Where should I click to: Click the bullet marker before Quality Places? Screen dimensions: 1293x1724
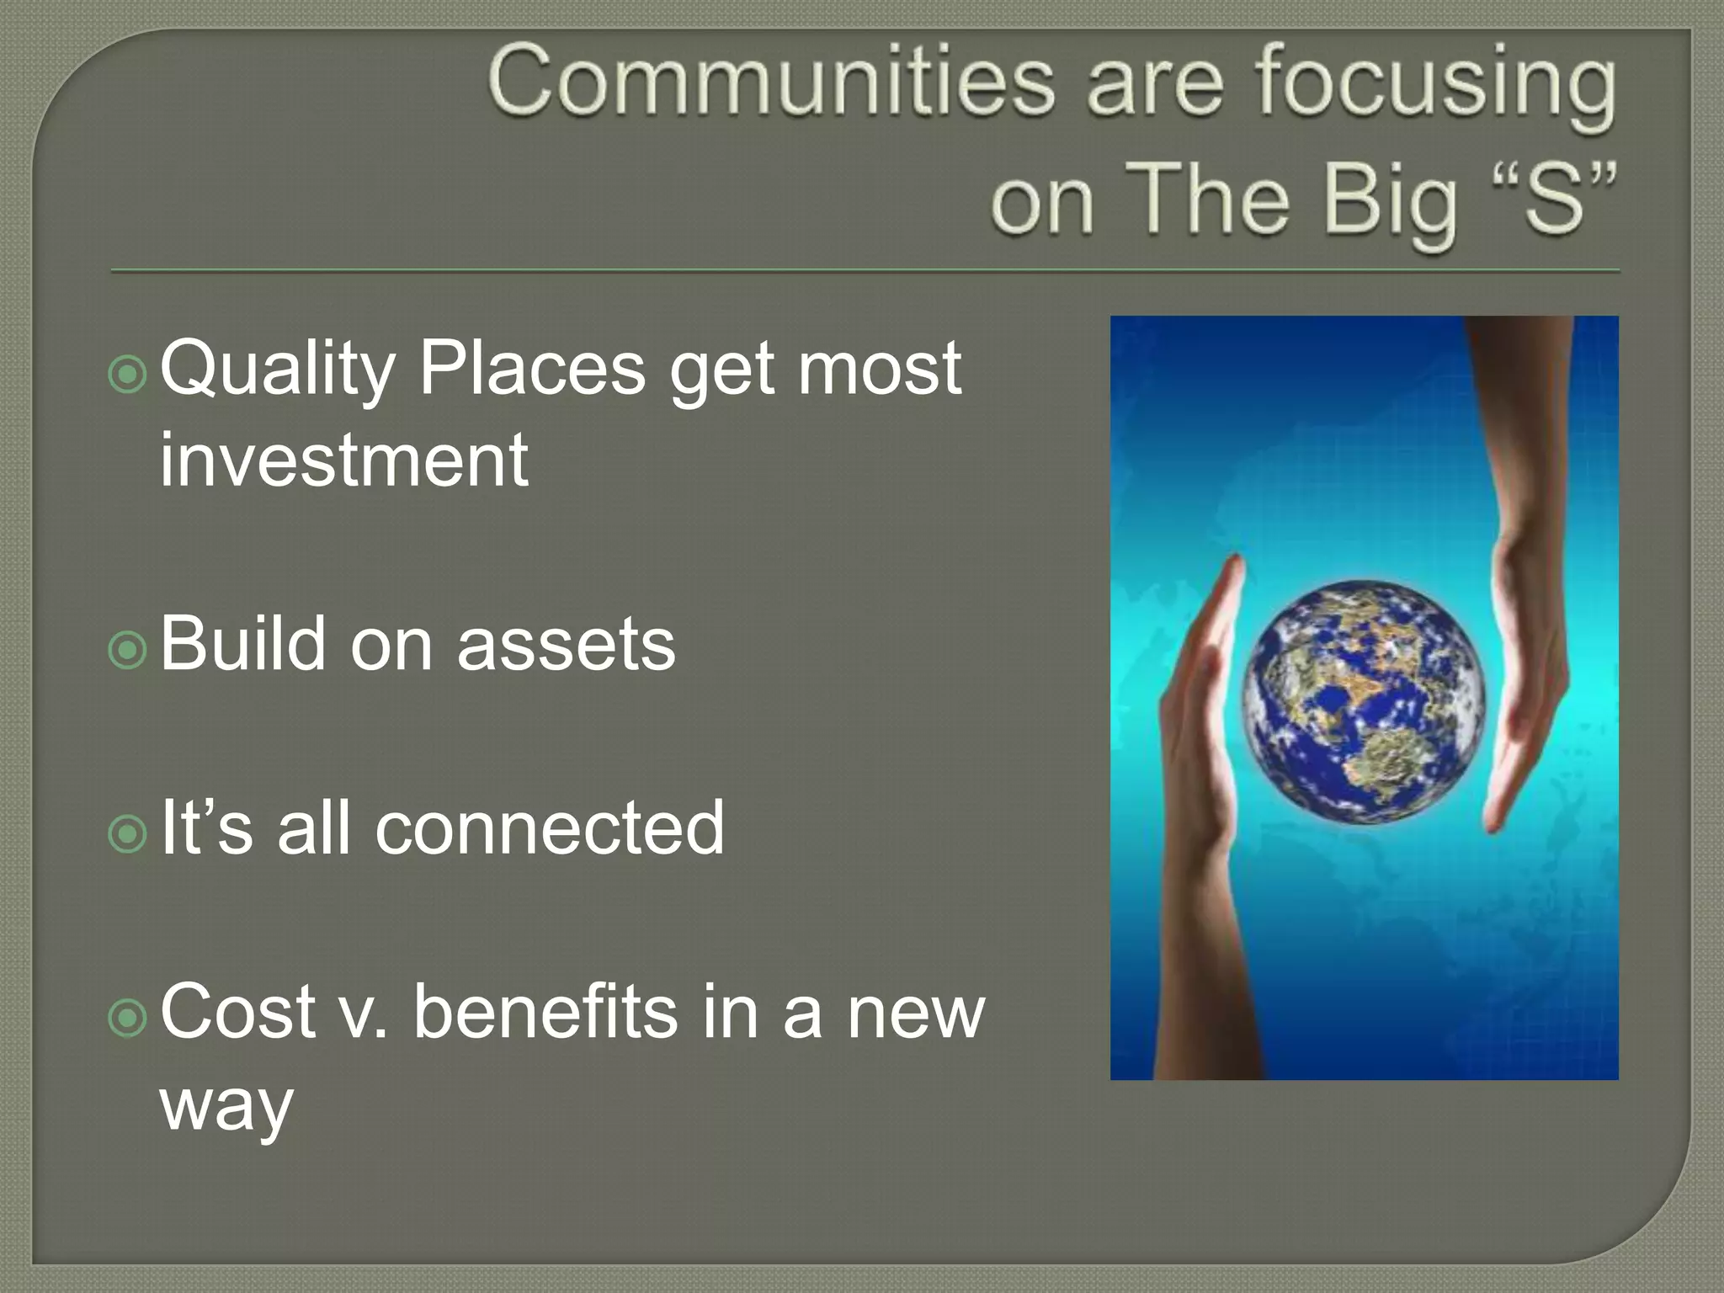pyautogui.click(x=128, y=375)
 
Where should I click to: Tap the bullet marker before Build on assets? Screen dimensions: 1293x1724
pyautogui.click(x=128, y=650)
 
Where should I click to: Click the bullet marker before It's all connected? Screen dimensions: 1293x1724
pyautogui.click(x=128, y=834)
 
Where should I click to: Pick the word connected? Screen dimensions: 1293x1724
pyautogui.click(x=549, y=828)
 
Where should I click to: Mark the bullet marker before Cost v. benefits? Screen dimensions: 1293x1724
pyautogui.click(x=128, y=1019)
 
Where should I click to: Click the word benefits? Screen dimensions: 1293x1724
pyautogui.click(x=545, y=1012)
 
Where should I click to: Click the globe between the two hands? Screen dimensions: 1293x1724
pyautogui.click(x=1364, y=701)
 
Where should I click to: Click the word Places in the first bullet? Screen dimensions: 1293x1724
pyautogui.click(x=532, y=368)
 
